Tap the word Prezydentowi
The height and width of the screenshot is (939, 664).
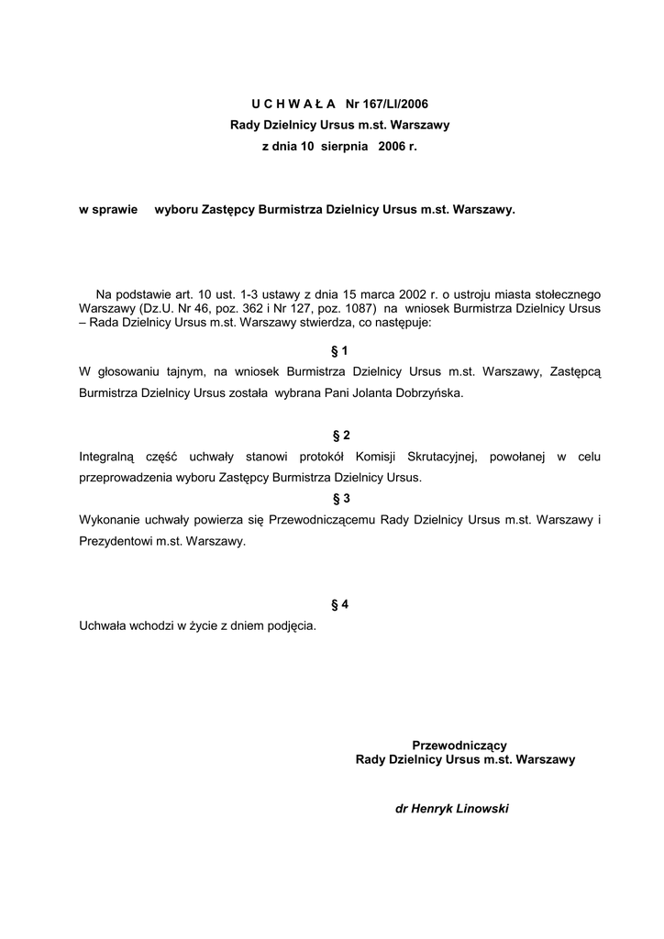point(116,541)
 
